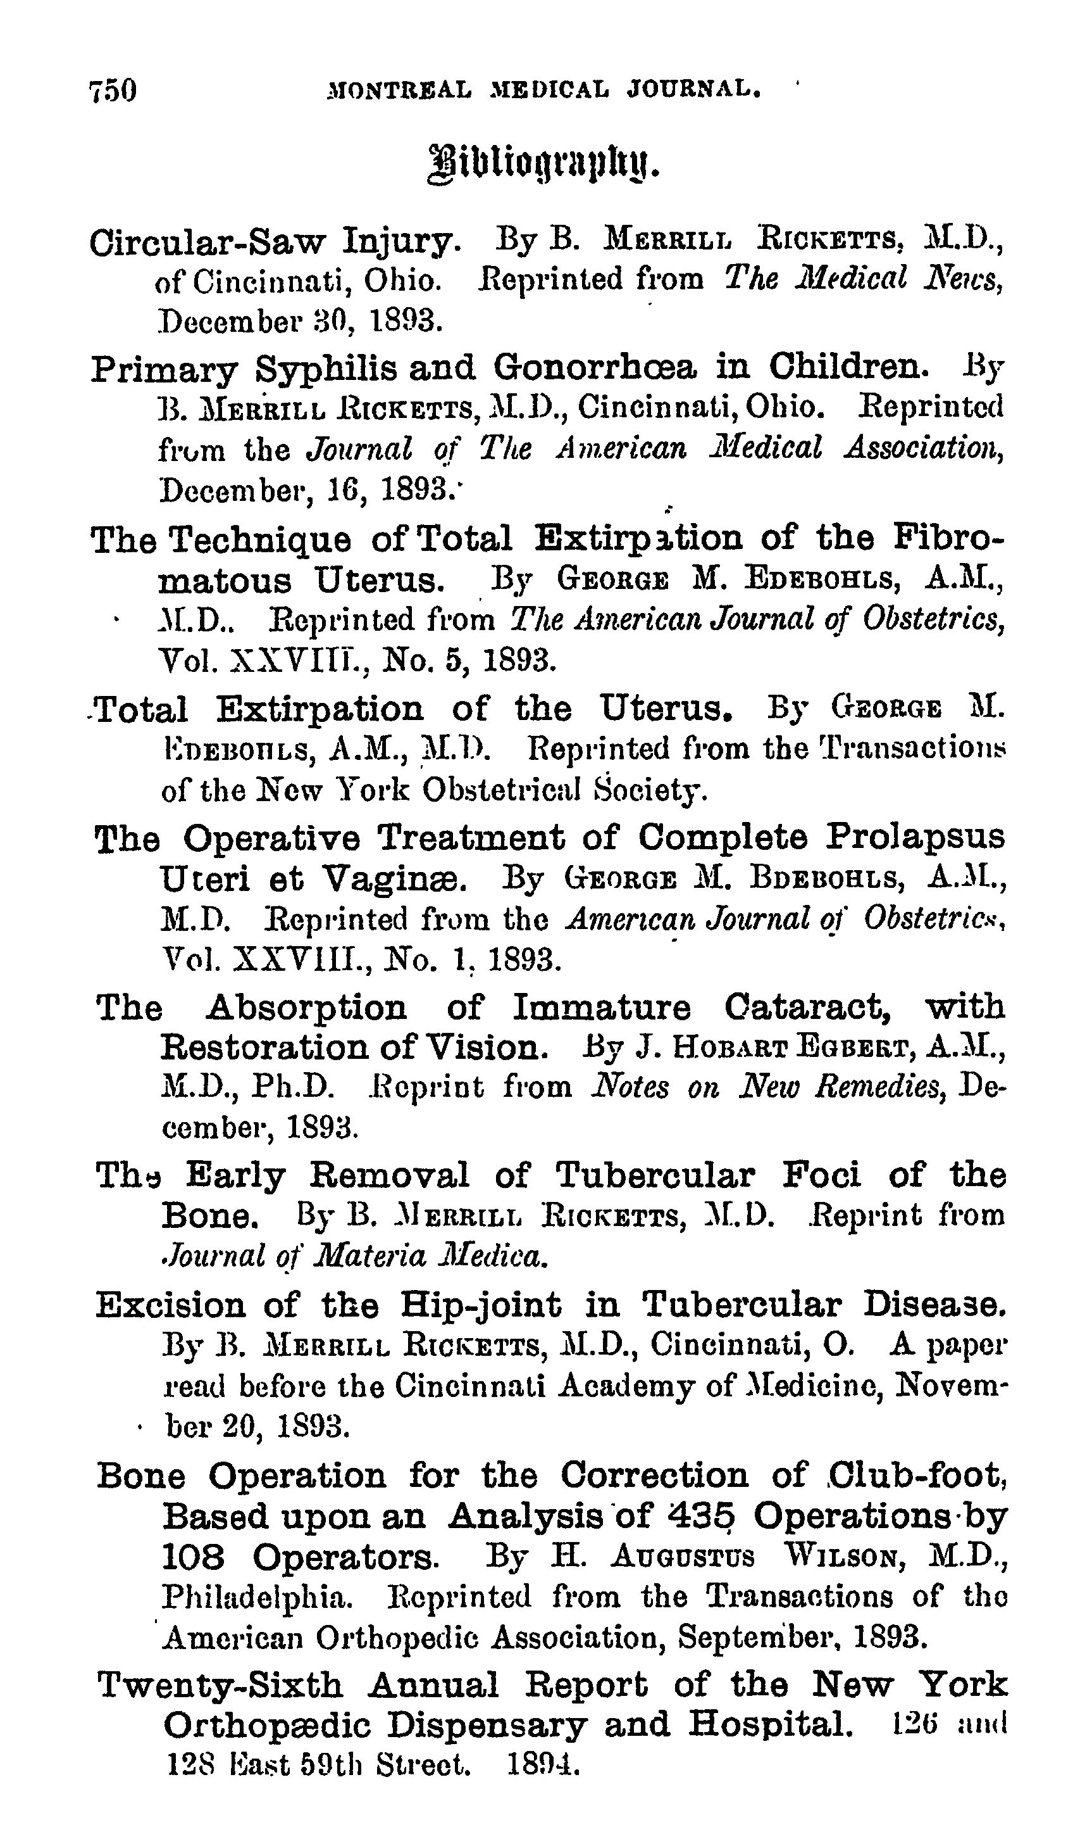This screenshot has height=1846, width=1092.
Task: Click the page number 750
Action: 113,91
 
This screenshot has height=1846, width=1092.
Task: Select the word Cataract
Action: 807,1006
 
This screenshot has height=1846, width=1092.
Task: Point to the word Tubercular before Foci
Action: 654,1175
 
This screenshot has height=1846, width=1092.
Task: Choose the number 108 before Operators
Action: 193,1557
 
